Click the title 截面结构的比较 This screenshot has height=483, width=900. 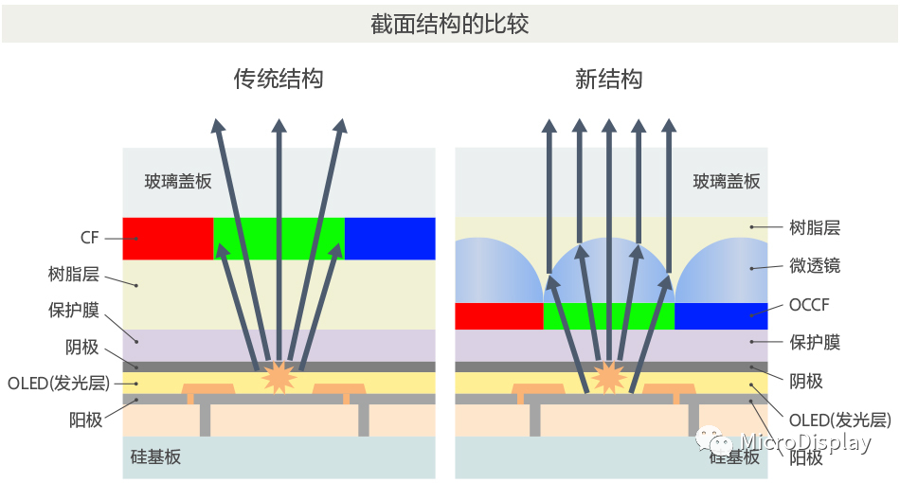pyautogui.click(x=449, y=24)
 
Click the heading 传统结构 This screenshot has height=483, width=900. pyautogui.click(x=279, y=80)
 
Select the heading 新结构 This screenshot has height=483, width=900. pyautogui.click(x=608, y=80)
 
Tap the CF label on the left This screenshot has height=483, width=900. pyautogui.click(x=91, y=239)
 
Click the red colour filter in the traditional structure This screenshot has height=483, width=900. pyautogui.click(x=168, y=239)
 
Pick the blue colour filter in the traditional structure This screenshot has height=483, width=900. pyautogui.click(x=389, y=239)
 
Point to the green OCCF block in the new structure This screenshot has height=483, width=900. pyautogui.click(x=608, y=316)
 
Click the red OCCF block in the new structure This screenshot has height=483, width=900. pyautogui.click(x=498, y=316)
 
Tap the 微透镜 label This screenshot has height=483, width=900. pyautogui.click(x=815, y=266)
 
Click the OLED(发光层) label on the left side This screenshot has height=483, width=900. pyautogui.click(x=59, y=384)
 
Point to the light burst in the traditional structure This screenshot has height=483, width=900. pyautogui.click(x=279, y=376)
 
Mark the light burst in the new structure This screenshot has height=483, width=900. pyautogui.click(x=608, y=376)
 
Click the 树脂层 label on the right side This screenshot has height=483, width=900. pyautogui.click(x=815, y=227)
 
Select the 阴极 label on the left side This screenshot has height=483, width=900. pyautogui.click(x=83, y=347)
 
